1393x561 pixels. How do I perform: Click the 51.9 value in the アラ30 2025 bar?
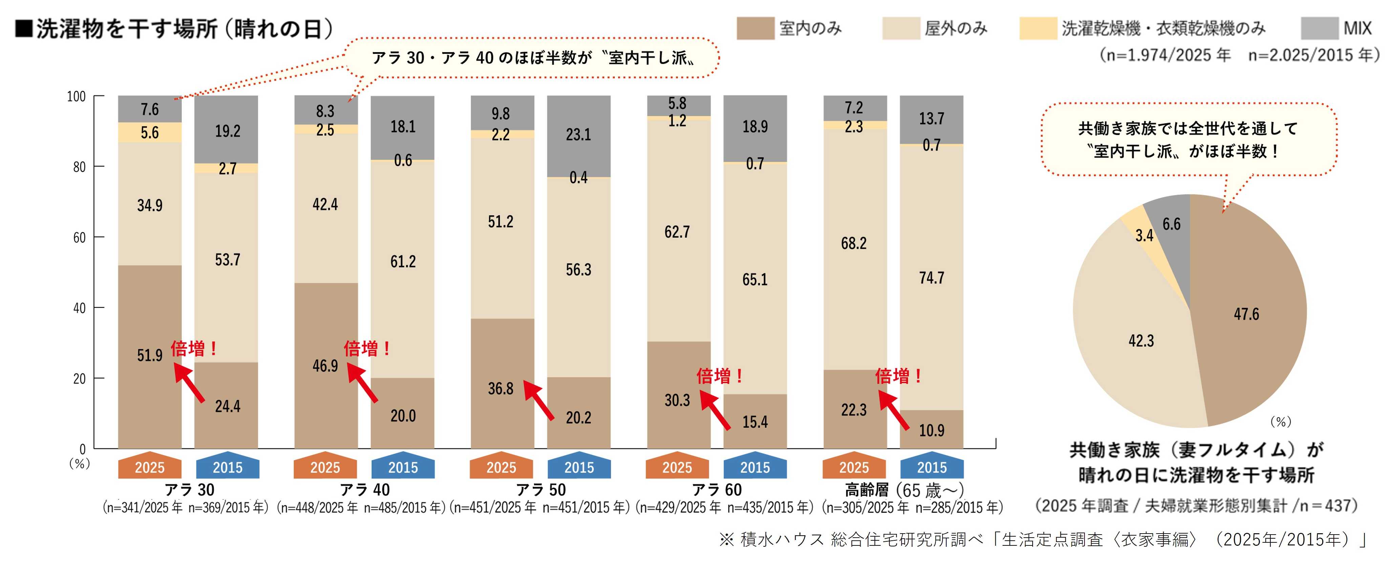[150, 355]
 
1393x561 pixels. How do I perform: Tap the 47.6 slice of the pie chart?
[1246, 314]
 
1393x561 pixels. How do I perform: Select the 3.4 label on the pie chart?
[1144, 236]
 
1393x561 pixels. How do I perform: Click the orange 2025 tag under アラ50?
[501, 467]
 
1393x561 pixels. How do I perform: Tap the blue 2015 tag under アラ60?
[755, 467]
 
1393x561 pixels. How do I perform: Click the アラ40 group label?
[365, 490]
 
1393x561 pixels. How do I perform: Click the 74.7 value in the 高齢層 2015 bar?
[931, 278]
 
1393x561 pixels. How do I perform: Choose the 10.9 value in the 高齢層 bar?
[931, 430]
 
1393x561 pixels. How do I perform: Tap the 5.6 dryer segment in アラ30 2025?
[150, 132]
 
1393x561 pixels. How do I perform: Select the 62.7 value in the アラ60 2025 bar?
[677, 232]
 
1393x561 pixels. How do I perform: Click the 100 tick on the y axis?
[76, 96]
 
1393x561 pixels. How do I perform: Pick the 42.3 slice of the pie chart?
[1141, 341]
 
